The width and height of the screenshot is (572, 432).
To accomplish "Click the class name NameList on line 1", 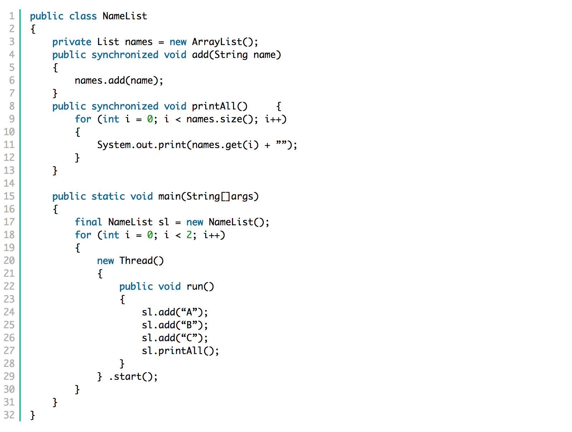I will (125, 16).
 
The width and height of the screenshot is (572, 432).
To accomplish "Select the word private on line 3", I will (72, 42).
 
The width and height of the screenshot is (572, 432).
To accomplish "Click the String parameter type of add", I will (231, 55).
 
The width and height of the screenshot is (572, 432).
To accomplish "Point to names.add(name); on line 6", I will (118, 80).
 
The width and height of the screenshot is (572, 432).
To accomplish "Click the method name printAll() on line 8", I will (219, 106).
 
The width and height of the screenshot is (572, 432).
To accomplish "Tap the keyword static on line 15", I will (108, 196).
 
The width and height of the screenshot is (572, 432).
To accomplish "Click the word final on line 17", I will (88, 222).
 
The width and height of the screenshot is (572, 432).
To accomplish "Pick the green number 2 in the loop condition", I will (189, 235).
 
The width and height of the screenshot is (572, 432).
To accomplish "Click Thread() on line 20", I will (141, 261).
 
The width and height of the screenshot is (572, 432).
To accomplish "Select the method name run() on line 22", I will (200, 286).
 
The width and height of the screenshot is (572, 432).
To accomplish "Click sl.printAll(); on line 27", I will (180, 351).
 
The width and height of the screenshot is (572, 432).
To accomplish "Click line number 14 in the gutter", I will (9, 183).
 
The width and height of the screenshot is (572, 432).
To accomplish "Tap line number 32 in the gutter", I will (9, 415).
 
